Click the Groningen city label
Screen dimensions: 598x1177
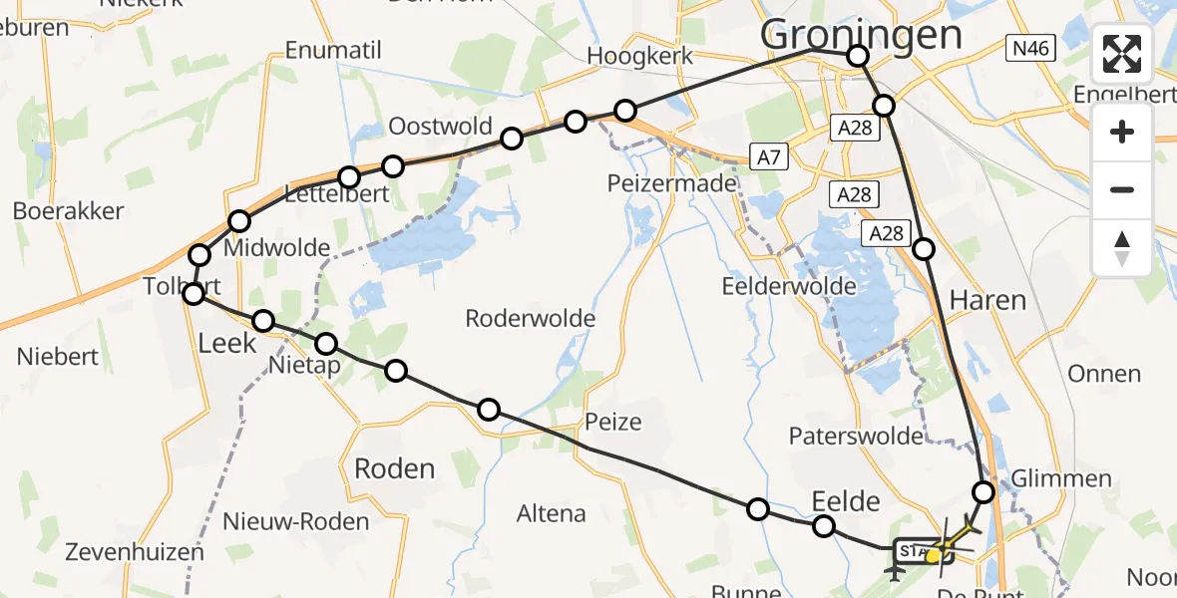point(861,34)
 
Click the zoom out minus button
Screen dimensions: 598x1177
point(1122,189)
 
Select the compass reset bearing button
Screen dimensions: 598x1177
point(1122,248)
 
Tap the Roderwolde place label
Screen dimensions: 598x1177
point(531,319)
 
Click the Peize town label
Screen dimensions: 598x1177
point(613,422)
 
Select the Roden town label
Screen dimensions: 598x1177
point(395,468)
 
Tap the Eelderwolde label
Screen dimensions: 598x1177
point(788,287)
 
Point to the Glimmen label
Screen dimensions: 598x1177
point(1061,478)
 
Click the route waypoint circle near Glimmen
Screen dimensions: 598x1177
point(983,491)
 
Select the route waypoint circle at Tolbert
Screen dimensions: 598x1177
point(195,293)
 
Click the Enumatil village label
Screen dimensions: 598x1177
point(328,50)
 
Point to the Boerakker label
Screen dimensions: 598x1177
point(68,211)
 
